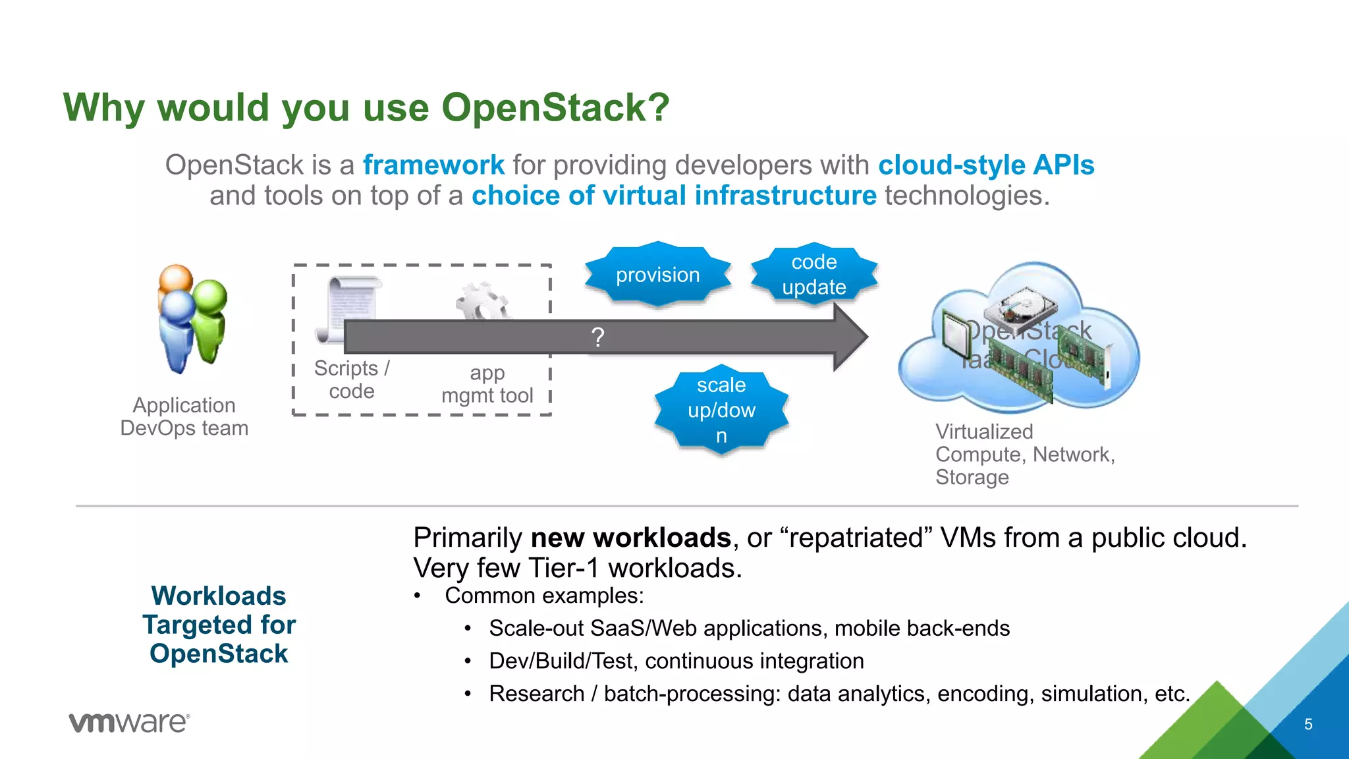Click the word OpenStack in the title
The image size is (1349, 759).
(555, 107)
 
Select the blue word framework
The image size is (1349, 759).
(433, 165)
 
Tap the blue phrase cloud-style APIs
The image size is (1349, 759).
(986, 165)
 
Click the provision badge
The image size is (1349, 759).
(657, 275)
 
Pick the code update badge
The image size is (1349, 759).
(814, 275)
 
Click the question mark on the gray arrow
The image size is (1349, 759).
(597, 337)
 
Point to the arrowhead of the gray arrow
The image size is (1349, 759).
(850, 337)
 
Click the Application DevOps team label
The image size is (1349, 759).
(184, 416)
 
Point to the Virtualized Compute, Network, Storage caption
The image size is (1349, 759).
(1024, 454)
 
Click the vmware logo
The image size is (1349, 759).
(129, 723)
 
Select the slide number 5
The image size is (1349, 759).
(1308, 724)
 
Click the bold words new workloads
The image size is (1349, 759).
(630, 538)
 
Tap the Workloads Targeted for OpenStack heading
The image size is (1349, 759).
(219, 625)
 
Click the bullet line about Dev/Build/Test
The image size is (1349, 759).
(676, 661)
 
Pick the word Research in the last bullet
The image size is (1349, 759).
(536, 694)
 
